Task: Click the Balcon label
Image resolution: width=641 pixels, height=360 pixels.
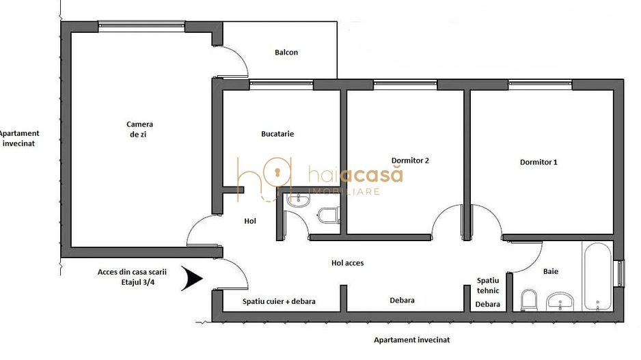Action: point(286,53)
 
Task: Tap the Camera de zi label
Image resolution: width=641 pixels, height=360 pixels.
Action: point(139,129)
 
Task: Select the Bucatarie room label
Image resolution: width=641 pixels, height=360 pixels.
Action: point(277,134)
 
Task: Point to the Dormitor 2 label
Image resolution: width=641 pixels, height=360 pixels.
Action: point(410,161)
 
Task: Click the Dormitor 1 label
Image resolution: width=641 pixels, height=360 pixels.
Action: point(538,163)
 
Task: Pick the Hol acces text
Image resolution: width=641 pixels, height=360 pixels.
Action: point(347,262)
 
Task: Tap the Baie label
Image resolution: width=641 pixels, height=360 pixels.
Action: point(551,271)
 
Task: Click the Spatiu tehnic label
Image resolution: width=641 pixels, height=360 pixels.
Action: point(488,286)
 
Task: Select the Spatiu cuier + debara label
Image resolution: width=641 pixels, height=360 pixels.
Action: point(279,301)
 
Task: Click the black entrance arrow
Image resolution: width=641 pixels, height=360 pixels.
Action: point(192,279)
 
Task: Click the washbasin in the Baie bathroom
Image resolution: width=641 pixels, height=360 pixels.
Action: point(562,300)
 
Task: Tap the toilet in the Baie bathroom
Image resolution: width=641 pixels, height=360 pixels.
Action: point(528,300)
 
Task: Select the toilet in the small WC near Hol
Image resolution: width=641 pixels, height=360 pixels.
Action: point(329,214)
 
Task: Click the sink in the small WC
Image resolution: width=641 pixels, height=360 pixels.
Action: point(298,199)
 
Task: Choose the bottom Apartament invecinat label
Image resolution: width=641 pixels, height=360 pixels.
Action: point(411,340)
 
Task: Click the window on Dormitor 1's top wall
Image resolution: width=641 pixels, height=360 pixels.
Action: point(540,85)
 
